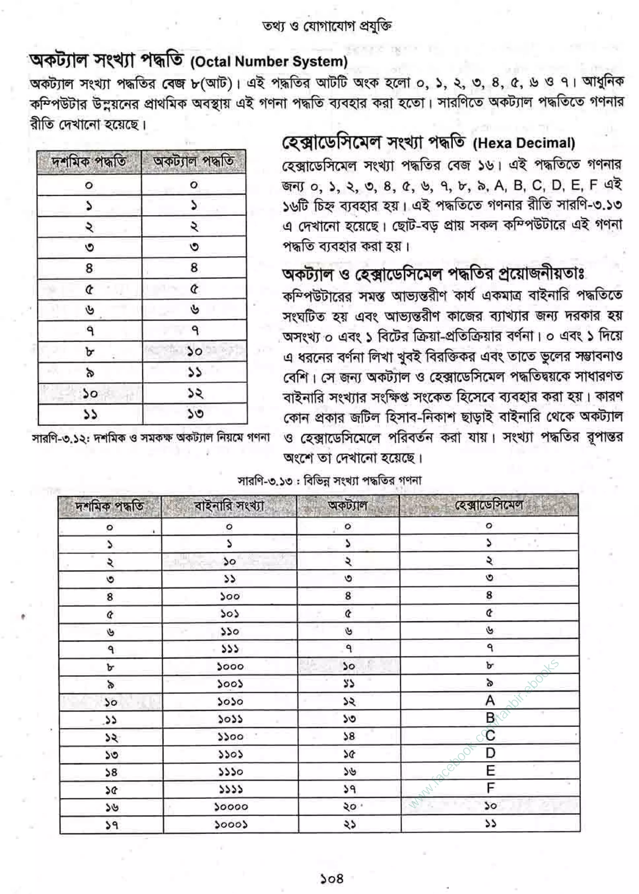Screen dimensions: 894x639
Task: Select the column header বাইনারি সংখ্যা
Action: point(229,506)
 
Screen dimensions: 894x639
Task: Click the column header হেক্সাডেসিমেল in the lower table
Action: point(489,505)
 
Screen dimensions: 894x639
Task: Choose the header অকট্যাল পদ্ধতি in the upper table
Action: point(193,161)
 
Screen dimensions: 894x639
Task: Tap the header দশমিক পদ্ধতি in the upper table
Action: point(89,162)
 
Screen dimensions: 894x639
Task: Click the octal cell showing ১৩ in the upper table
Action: point(195,413)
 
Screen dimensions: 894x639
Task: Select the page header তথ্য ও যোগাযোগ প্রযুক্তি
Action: point(327,26)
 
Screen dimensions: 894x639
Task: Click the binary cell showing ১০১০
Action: point(230,701)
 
